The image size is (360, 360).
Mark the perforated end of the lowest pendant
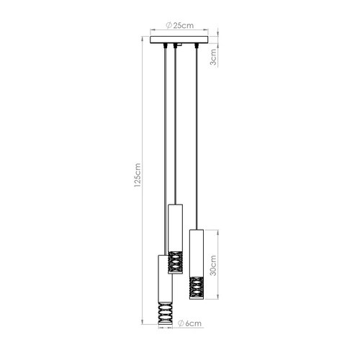(x=163, y=314)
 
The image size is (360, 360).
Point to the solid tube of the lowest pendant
(x=163, y=277)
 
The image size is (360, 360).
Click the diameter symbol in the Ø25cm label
(x=168, y=25)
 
